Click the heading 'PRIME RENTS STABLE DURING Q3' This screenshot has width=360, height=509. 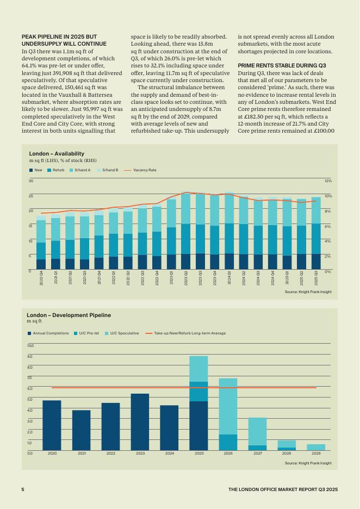pos(282,65)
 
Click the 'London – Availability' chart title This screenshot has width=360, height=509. pos(57,154)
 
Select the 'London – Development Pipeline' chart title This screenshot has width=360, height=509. pos(69,315)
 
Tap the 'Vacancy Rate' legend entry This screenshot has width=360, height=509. pos(144,170)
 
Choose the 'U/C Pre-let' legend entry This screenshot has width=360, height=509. pos(89,333)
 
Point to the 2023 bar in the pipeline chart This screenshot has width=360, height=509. pos(140,422)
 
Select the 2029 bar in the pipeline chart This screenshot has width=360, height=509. pos(316,447)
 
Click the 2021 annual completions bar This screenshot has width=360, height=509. pos(82,430)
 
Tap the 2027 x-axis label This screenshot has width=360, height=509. pos(258,453)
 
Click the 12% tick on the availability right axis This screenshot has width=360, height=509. pos(328,181)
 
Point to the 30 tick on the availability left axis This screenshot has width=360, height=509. pos(31,181)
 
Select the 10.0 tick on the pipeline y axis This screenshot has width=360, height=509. pos(30,345)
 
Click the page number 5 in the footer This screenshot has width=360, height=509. pos(23,489)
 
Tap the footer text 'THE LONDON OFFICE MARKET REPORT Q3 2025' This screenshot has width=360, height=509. pos(283,489)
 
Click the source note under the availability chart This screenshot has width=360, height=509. pos(308,292)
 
